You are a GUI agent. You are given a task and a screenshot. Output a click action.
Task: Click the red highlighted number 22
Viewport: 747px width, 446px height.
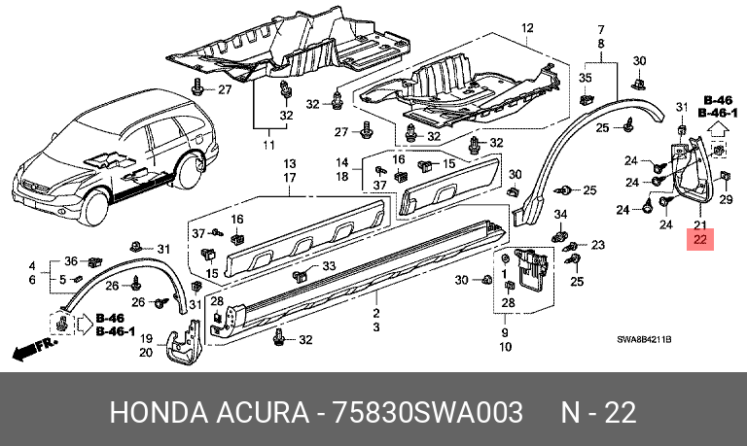[700, 239]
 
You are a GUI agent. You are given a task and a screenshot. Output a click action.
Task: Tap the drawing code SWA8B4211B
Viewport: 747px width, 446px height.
[644, 340]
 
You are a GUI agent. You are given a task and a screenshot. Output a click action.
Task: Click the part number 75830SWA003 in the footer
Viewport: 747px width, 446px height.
[427, 412]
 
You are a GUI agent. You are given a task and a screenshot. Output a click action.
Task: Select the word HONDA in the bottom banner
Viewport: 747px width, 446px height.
[159, 412]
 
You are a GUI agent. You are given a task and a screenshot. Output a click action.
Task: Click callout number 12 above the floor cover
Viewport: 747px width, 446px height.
[527, 28]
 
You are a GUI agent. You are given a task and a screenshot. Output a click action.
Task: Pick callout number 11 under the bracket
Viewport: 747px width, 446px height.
[269, 145]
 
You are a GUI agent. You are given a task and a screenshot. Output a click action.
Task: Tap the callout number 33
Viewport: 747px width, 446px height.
[329, 265]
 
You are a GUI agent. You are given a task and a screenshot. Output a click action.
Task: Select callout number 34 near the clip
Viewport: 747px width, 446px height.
[560, 215]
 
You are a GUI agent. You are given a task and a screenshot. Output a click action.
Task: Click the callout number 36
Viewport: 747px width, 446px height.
[71, 260]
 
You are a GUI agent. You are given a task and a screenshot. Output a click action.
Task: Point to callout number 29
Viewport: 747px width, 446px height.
[726, 199]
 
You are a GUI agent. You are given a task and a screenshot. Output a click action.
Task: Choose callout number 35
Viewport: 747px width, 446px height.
[585, 78]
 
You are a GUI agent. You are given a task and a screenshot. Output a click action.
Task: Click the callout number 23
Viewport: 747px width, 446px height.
[598, 245]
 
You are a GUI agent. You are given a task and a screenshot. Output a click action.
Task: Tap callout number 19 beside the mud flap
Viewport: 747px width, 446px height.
[146, 338]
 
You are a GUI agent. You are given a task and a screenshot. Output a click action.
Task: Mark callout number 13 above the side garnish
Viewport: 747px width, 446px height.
[290, 164]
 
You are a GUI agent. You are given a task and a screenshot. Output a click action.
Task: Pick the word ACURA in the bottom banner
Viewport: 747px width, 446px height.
[263, 412]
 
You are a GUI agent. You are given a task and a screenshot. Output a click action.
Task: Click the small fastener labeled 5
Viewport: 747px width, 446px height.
[79, 279]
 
